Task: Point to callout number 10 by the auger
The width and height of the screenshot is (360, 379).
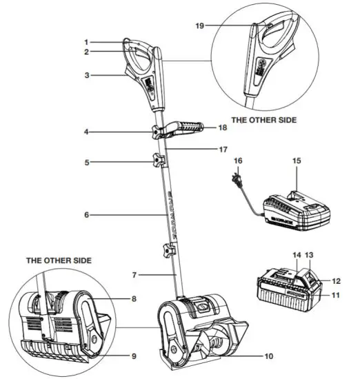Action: (268, 356)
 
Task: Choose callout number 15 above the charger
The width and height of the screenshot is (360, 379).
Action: (298, 161)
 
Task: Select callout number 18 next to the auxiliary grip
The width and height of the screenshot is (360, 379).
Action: (221, 127)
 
